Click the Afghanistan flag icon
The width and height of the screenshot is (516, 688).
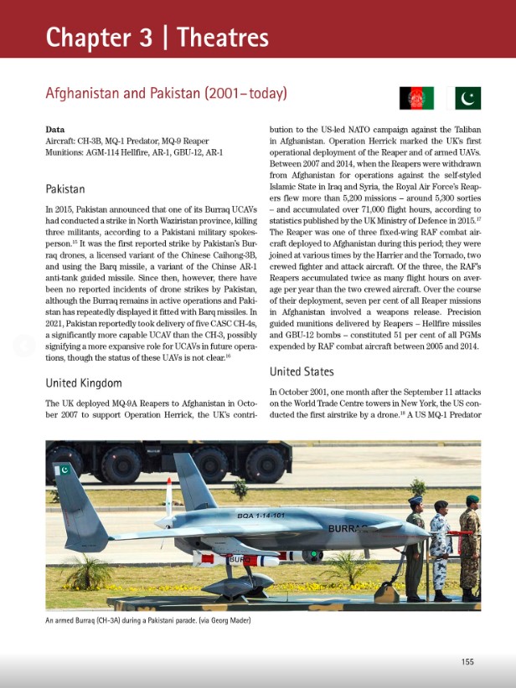[x=416, y=98]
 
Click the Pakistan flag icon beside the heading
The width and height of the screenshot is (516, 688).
[x=467, y=98]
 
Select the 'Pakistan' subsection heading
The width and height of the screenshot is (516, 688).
[x=64, y=189]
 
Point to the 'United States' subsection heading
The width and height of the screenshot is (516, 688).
[x=302, y=371]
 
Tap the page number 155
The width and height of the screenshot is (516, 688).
[x=467, y=661]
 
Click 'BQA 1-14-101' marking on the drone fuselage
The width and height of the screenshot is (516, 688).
[x=261, y=516]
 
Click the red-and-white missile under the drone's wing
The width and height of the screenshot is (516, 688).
[x=243, y=557]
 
